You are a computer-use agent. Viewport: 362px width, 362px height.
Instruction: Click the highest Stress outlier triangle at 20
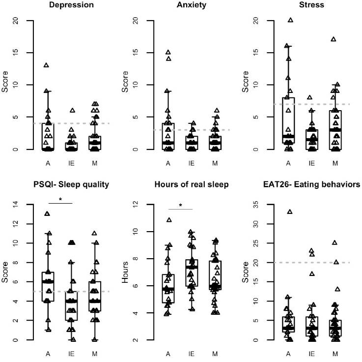point(290,20)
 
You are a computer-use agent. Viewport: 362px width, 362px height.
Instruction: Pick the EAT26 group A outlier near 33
point(290,212)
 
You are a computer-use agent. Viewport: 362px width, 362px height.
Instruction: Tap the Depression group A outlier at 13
point(46,65)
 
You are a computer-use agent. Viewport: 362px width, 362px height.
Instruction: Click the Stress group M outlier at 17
point(333,39)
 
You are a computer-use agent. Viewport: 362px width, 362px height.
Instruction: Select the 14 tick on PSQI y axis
point(18,204)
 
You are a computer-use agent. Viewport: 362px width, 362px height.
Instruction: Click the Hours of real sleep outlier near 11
point(169,220)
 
